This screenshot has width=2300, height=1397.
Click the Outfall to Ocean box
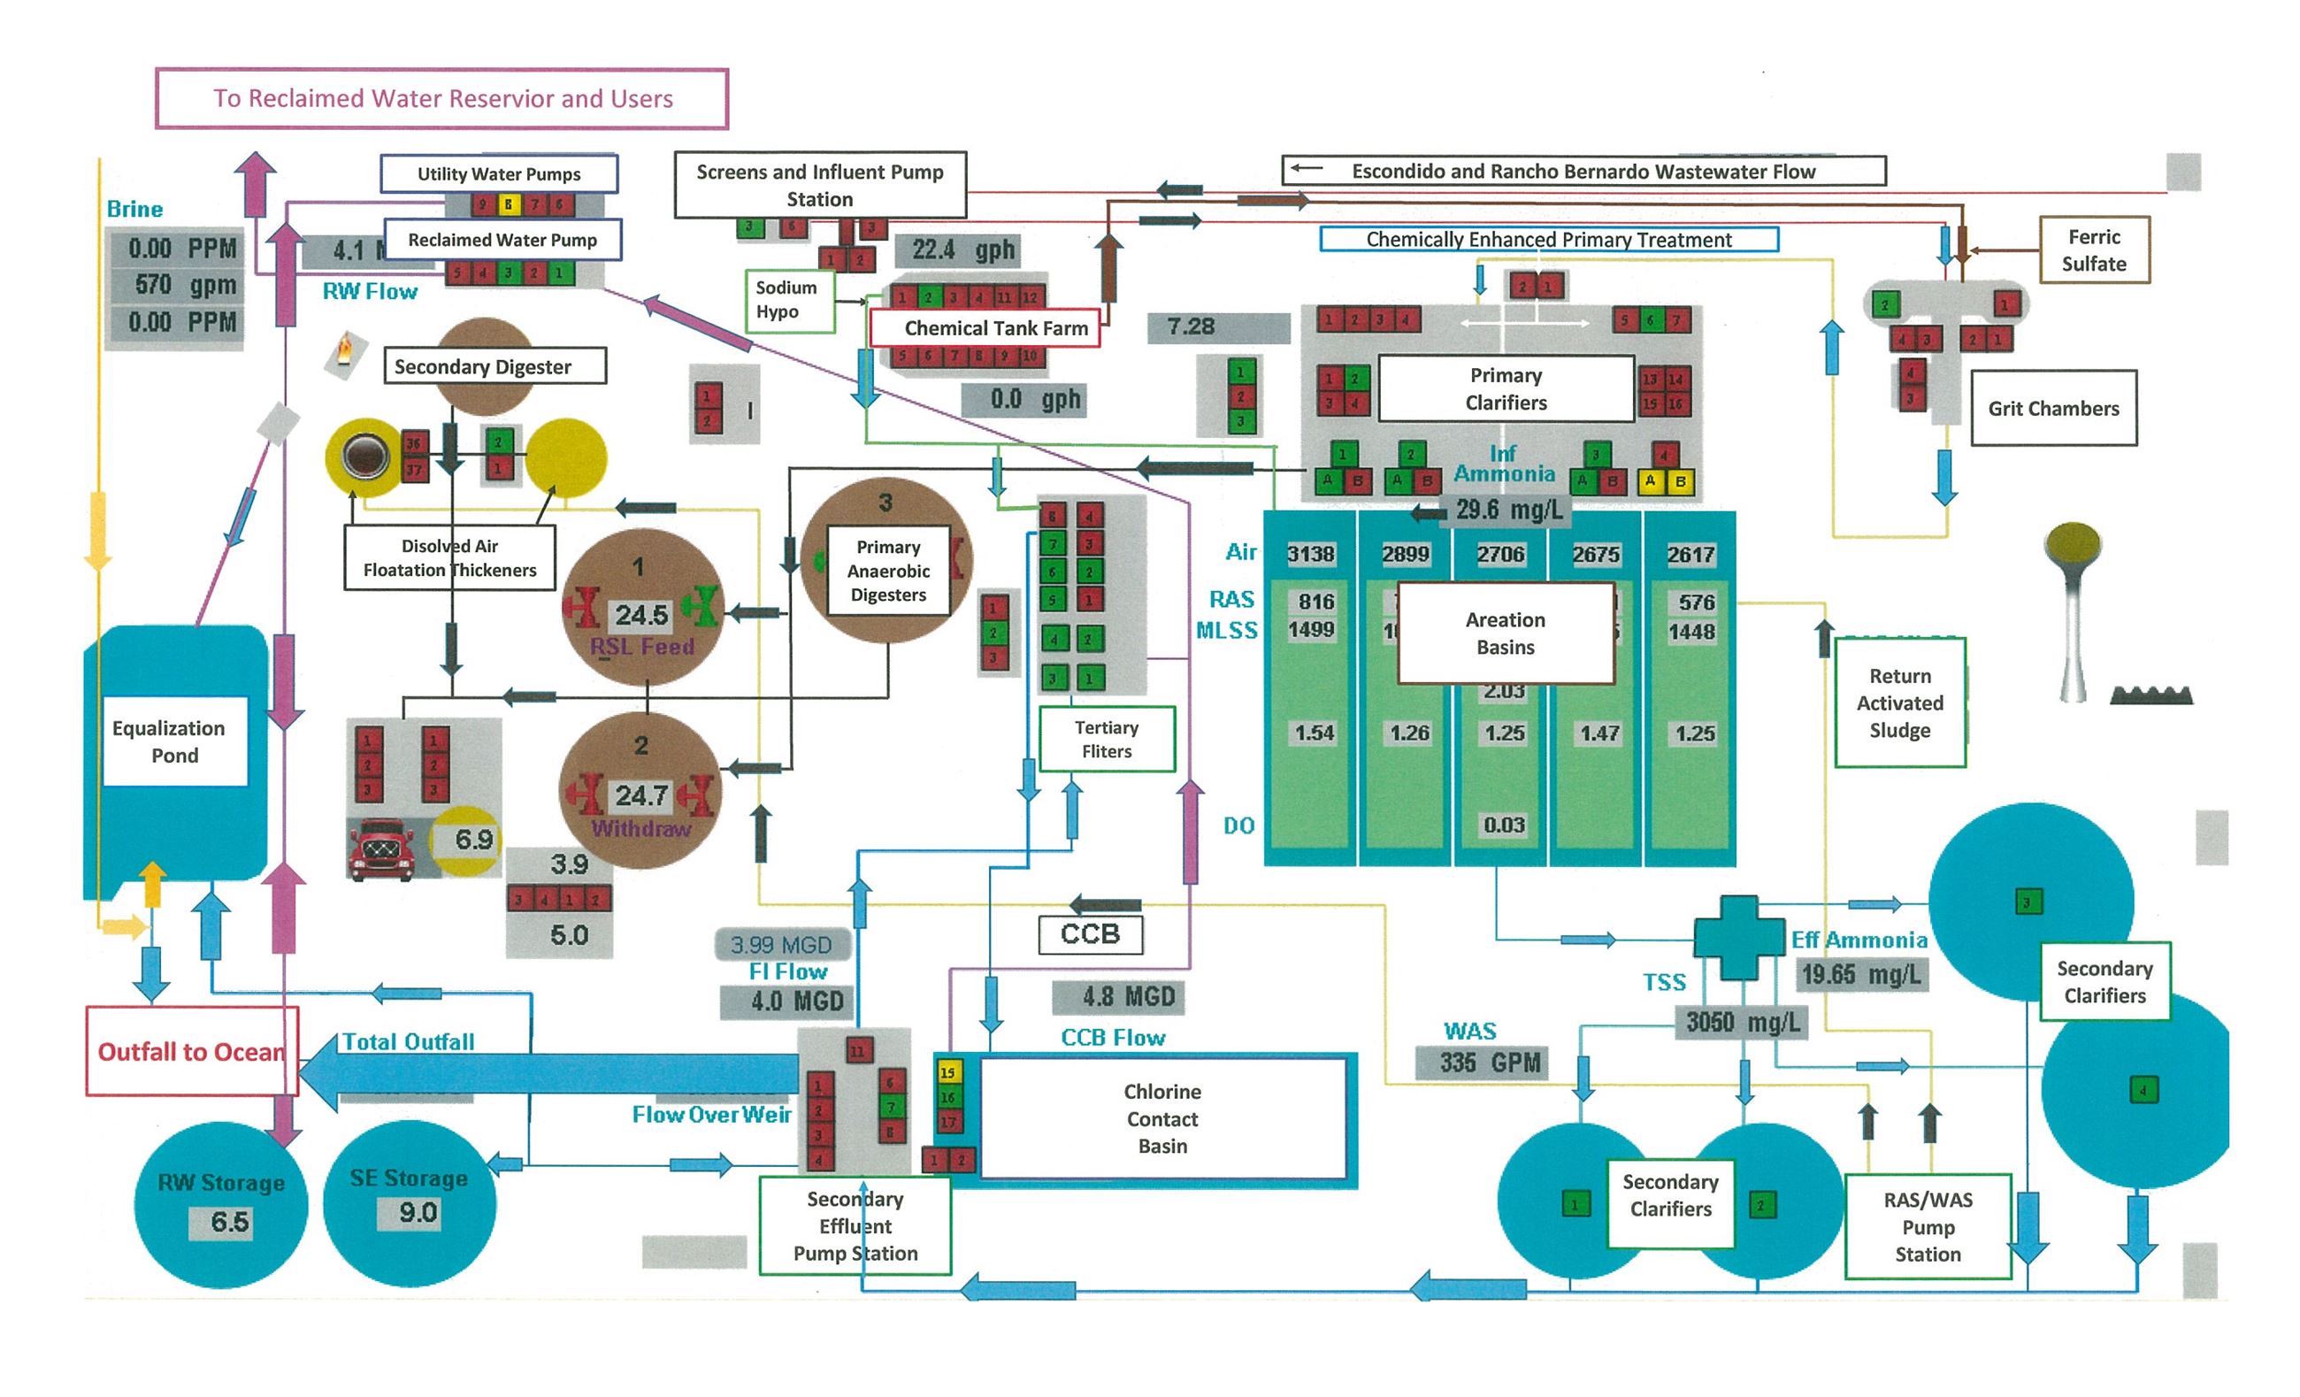click(191, 1051)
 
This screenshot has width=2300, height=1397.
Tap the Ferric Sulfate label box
click(2094, 250)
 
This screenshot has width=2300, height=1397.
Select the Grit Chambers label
click(2052, 408)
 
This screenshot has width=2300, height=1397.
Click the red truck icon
click(381, 848)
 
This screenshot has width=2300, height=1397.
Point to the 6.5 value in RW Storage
click(229, 1223)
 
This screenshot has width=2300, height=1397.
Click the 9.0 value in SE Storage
click(418, 1213)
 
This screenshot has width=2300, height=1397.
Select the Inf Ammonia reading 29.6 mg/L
click(1507, 510)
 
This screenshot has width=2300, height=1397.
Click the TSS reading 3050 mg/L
click(1742, 1023)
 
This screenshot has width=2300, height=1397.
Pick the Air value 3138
click(1309, 554)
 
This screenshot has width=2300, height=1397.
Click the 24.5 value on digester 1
click(640, 615)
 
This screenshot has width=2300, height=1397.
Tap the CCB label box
click(1089, 933)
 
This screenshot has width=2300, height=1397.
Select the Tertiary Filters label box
click(1106, 740)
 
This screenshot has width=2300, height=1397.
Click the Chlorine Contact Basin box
click(1162, 1118)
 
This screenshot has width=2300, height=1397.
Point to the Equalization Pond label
click(174, 741)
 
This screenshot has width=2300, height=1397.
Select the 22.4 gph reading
click(962, 249)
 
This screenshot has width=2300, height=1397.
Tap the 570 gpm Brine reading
click(184, 285)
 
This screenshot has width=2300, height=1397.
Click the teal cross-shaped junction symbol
click(1738, 937)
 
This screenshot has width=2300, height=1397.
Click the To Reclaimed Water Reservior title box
click(441, 98)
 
